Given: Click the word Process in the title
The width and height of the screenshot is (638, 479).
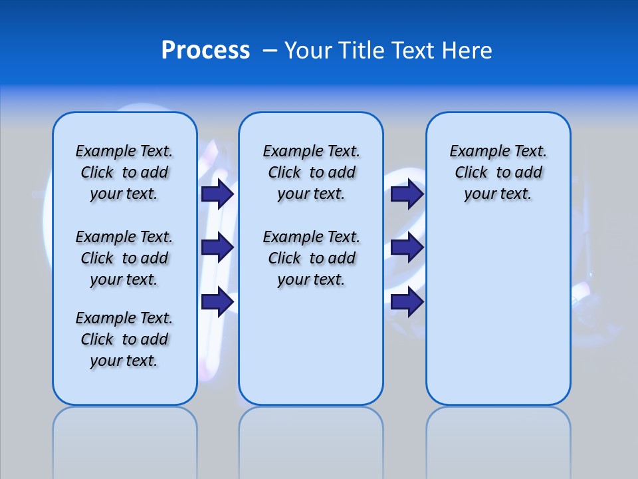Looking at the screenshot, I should tap(205, 51).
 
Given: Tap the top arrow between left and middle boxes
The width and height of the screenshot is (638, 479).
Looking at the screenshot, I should tap(217, 194).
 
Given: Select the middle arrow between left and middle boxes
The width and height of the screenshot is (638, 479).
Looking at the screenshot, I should tap(217, 247).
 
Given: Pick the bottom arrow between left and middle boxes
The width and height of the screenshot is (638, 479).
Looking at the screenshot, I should tap(217, 302).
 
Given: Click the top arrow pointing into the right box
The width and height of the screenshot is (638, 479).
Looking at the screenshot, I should tap(407, 194).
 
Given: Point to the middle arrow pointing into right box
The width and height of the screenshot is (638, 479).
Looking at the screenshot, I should tap(407, 247).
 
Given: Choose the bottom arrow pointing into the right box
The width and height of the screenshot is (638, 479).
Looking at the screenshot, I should tap(407, 302).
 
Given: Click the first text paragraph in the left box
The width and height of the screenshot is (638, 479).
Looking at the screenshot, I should tap(124, 172).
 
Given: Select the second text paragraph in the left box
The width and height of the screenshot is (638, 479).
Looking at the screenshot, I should tap(124, 258).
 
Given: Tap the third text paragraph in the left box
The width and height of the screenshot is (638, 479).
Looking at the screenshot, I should tap(124, 339).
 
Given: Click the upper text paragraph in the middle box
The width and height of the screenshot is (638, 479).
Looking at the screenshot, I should tap(311, 172).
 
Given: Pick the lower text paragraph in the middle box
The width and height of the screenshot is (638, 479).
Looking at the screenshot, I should tap(311, 258).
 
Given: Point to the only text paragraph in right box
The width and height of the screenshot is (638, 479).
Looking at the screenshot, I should tap(498, 172).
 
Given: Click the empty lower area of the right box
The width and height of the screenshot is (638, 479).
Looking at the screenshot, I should tap(498, 313).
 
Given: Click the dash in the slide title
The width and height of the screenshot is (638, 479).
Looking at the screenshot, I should tap(270, 51).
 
